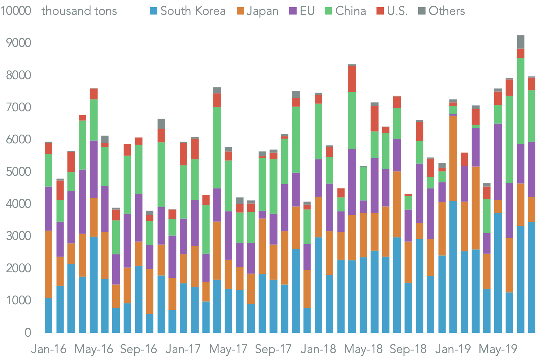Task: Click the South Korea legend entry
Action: (192, 11)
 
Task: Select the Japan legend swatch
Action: (240, 11)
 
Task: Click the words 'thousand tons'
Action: (79, 11)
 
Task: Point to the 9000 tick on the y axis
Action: (18, 43)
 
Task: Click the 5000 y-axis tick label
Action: (18, 172)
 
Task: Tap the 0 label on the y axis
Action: (28, 333)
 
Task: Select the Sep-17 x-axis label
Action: (273, 349)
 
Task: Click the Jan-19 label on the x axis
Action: (453, 349)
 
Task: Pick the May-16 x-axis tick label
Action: (94, 349)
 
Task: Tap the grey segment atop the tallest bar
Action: (521, 42)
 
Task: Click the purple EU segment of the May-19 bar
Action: (498, 162)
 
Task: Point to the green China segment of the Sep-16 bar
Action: (139, 169)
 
